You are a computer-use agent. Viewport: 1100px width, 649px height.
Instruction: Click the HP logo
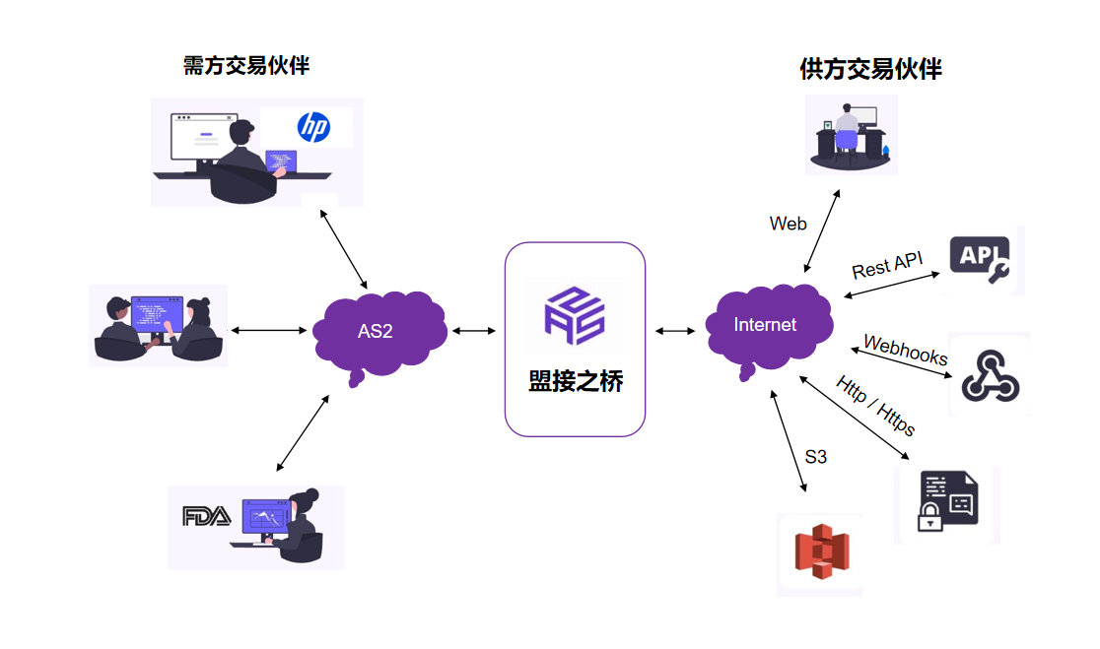point(313,127)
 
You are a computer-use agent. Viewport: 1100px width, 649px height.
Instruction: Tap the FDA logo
point(207,515)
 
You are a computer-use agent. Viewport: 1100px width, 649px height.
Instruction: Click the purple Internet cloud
point(766,325)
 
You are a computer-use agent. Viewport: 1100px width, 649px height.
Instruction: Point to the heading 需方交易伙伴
point(246,66)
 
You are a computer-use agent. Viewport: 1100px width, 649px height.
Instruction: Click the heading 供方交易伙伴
point(870,69)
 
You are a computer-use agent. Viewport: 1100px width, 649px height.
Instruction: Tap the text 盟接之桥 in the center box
point(576,382)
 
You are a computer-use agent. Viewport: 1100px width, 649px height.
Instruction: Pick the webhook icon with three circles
point(989,374)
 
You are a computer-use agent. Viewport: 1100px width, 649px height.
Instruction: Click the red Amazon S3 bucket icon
point(820,554)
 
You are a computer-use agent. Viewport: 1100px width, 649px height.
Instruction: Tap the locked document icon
point(946,503)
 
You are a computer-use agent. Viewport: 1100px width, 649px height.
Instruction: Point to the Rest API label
point(887,265)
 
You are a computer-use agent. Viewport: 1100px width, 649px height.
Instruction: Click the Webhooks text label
point(905,351)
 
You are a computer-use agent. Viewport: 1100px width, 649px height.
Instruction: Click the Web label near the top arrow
point(788,224)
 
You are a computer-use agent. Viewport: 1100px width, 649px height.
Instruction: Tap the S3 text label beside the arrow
point(815,456)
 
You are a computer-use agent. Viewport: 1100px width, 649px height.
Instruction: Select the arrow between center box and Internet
point(674,332)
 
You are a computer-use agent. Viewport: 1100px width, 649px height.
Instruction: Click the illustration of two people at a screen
point(158,326)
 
